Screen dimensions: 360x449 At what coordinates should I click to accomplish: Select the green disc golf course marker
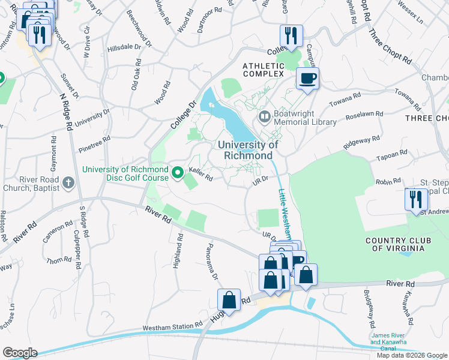(x=178, y=174)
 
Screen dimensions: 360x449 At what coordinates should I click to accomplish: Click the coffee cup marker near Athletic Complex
(x=307, y=79)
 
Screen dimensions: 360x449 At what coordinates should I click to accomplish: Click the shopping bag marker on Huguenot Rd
(x=229, y=299)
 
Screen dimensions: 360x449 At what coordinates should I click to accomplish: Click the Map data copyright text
(x=412, y=355)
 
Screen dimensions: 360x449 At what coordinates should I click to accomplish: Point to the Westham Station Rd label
(x=172, y=328)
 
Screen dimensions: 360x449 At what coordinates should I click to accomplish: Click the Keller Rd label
(x=201, y=174)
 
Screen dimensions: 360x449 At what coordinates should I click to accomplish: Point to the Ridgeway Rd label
(x=361, y=143)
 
